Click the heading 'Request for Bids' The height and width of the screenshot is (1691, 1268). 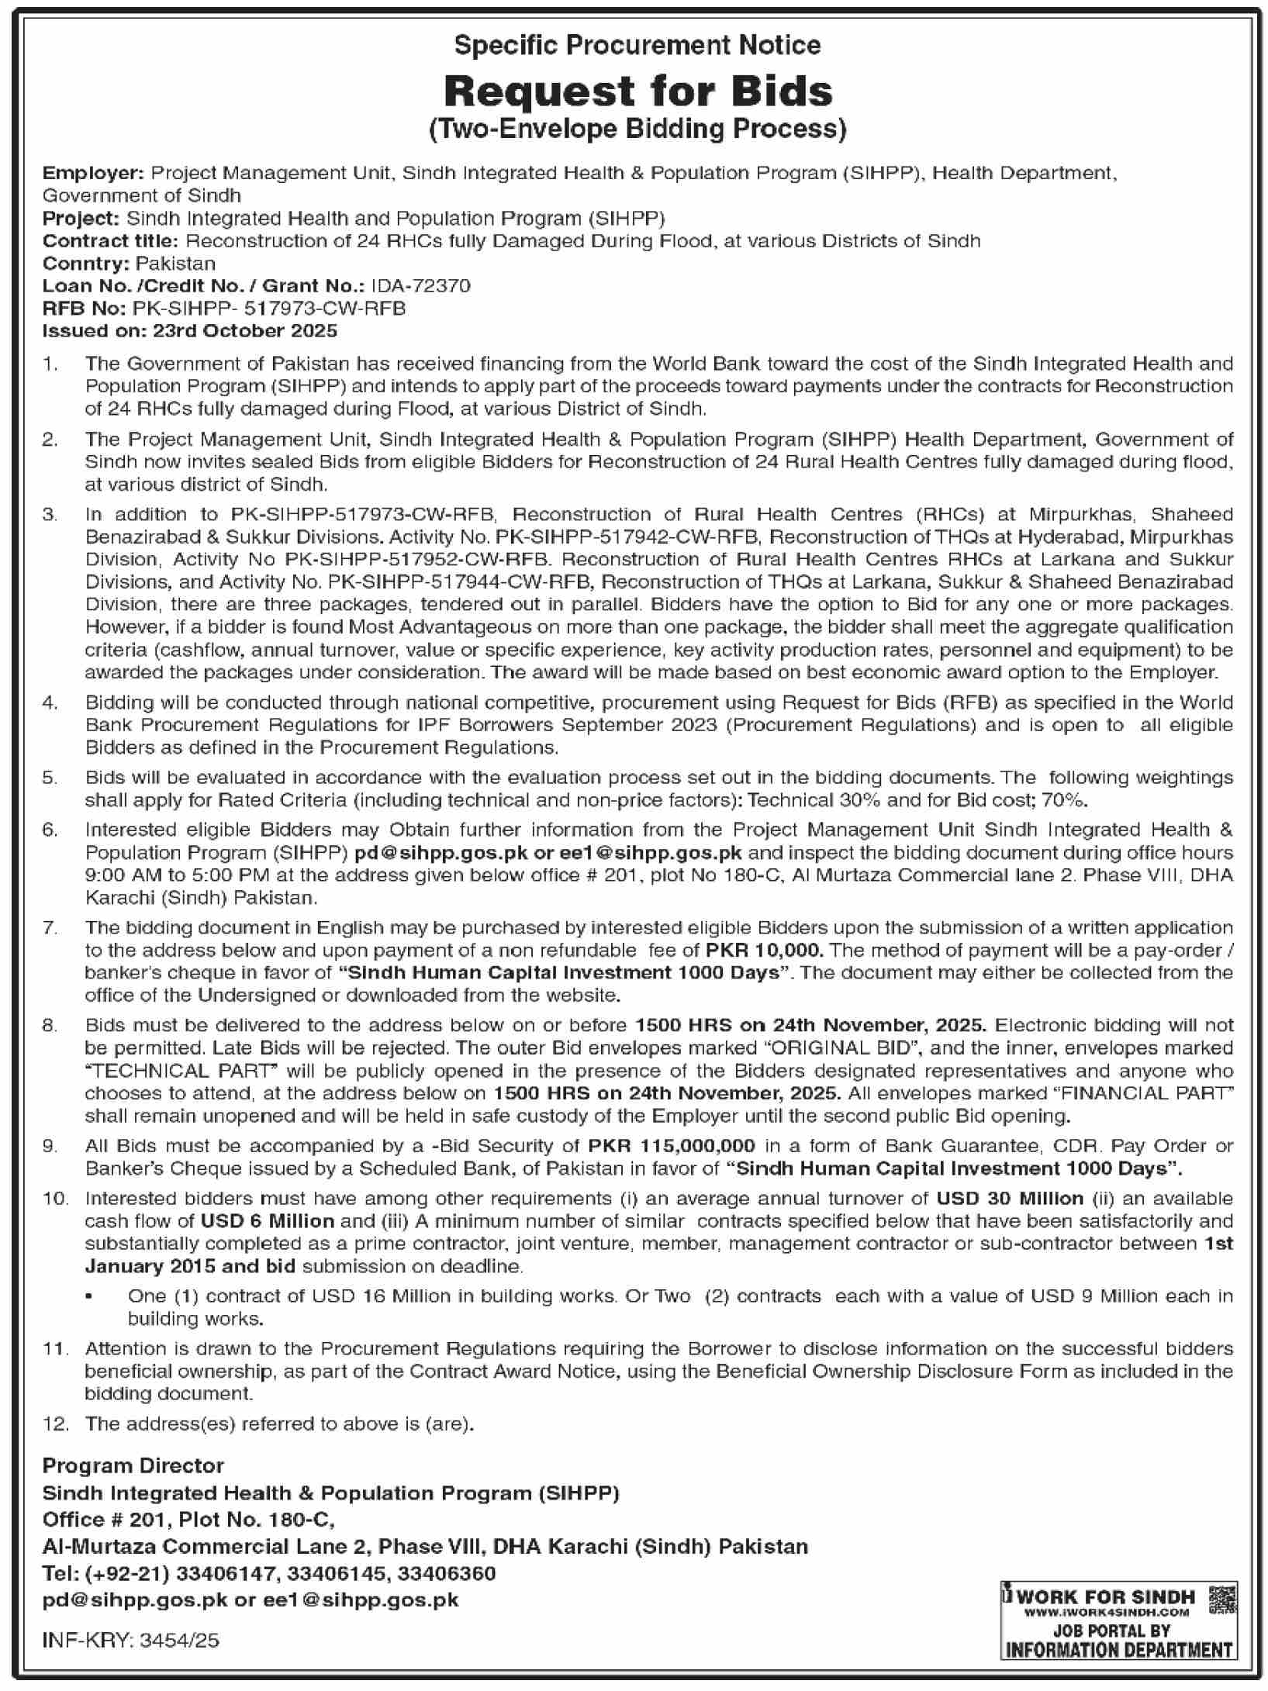click(637, 91)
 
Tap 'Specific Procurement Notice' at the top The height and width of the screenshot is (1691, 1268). click(637, 46)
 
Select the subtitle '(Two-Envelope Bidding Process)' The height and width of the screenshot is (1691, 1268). click(637, 129)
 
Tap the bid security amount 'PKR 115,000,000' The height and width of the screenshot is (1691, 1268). click(672, 1146)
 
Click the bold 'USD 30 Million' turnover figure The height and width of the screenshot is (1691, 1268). click(1009, 1199)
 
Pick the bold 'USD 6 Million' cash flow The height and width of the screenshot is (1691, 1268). click(267, 1221)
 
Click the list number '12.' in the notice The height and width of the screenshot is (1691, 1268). click(56, 1424)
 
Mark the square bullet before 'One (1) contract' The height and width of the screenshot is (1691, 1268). click(91, 1296)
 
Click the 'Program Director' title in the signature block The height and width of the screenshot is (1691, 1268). click(133, 1466)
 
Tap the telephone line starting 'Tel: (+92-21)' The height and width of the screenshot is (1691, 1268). click(268, 1573)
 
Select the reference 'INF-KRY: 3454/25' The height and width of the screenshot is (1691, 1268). click(131, 1640)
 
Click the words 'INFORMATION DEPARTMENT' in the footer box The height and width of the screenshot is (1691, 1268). click(1118, 1649)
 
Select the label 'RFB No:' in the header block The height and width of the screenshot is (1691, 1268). click(84, 308)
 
